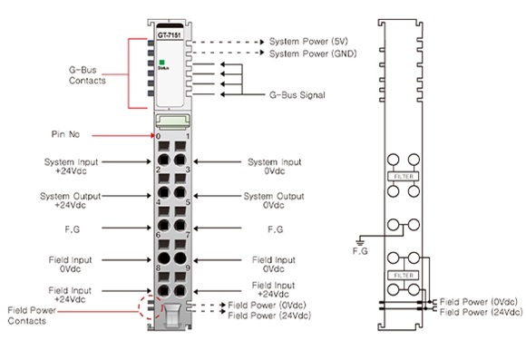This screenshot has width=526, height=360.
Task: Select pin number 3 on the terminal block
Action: tap(188, 170)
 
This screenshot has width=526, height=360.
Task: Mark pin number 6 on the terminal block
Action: tap(158, 235)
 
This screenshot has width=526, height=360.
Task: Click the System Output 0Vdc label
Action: tap(272, 199)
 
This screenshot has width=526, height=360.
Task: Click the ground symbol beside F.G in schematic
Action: tap(359, 241)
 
